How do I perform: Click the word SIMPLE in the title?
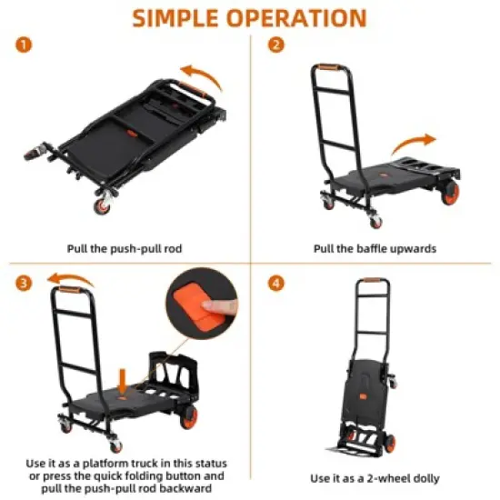181,18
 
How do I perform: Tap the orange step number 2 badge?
273,44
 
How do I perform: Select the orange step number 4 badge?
273,284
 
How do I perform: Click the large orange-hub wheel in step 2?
452,192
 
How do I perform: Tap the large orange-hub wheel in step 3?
188,417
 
